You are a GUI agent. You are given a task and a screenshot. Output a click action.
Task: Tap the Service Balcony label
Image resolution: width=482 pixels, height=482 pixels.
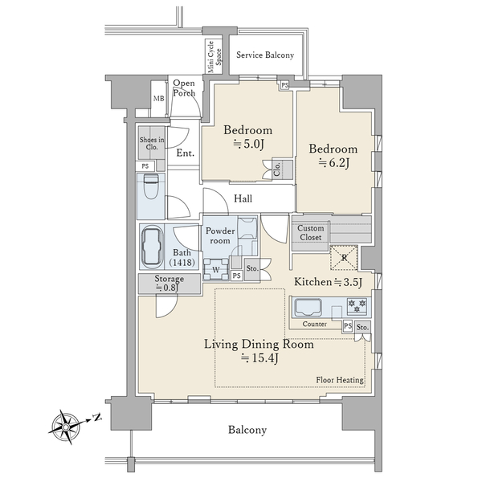coord(264,55)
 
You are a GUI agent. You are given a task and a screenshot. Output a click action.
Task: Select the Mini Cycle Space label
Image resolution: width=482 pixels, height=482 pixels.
coord(214,59)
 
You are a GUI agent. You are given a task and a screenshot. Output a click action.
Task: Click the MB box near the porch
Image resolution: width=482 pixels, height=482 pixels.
coord(158,99)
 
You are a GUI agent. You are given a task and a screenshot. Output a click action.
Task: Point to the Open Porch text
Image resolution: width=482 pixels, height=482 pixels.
coord(184,88)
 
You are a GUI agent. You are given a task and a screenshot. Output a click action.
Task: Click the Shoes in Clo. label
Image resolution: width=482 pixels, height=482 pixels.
coord(151,143)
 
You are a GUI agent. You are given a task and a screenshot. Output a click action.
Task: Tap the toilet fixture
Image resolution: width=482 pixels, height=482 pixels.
coord(150,191)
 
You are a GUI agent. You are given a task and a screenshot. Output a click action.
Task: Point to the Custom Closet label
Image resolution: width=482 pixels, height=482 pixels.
coord(310,232)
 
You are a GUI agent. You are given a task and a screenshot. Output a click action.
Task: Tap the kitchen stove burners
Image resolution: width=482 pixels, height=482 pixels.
coord(357,305)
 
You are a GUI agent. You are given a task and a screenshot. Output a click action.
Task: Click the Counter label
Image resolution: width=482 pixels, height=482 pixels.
coord(314,325)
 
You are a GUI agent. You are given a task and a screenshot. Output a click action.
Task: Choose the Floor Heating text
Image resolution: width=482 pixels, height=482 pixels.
coord(340,380)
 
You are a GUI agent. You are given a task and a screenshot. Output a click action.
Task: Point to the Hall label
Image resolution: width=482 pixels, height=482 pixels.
coord(244,198)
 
